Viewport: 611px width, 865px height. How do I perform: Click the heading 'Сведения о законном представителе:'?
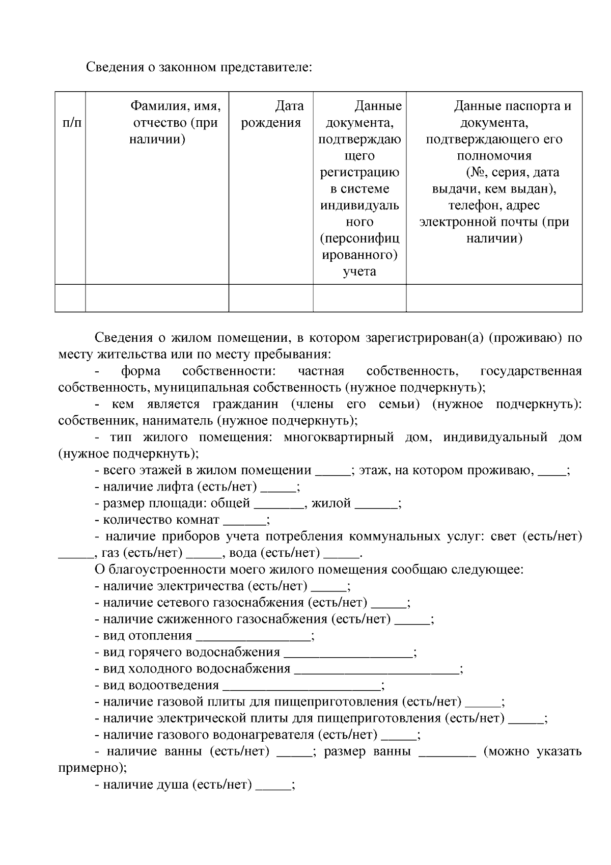(x=198, y=67)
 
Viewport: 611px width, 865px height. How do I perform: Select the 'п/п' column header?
(x=70, y=123)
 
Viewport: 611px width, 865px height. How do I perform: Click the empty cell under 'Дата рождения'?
(x=271, y=298)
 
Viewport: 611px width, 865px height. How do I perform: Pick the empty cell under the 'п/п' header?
(x=70, y=298)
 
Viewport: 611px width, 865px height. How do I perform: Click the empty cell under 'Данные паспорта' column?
(x=494, y=298)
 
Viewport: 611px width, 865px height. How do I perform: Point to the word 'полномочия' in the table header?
(x=494, y=156)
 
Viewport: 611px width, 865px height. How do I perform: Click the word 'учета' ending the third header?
(x=359, y=272)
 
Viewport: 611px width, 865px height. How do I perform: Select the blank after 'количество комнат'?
(x=244, y=521)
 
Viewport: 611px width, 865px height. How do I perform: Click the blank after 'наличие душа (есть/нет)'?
(x=273, y=786)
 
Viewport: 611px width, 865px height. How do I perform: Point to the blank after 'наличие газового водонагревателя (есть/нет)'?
(x=399, y=736)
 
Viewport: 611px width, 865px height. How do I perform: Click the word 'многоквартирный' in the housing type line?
(x=339, y=438)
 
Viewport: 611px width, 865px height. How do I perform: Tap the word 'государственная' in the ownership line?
(x=531, y=371)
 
